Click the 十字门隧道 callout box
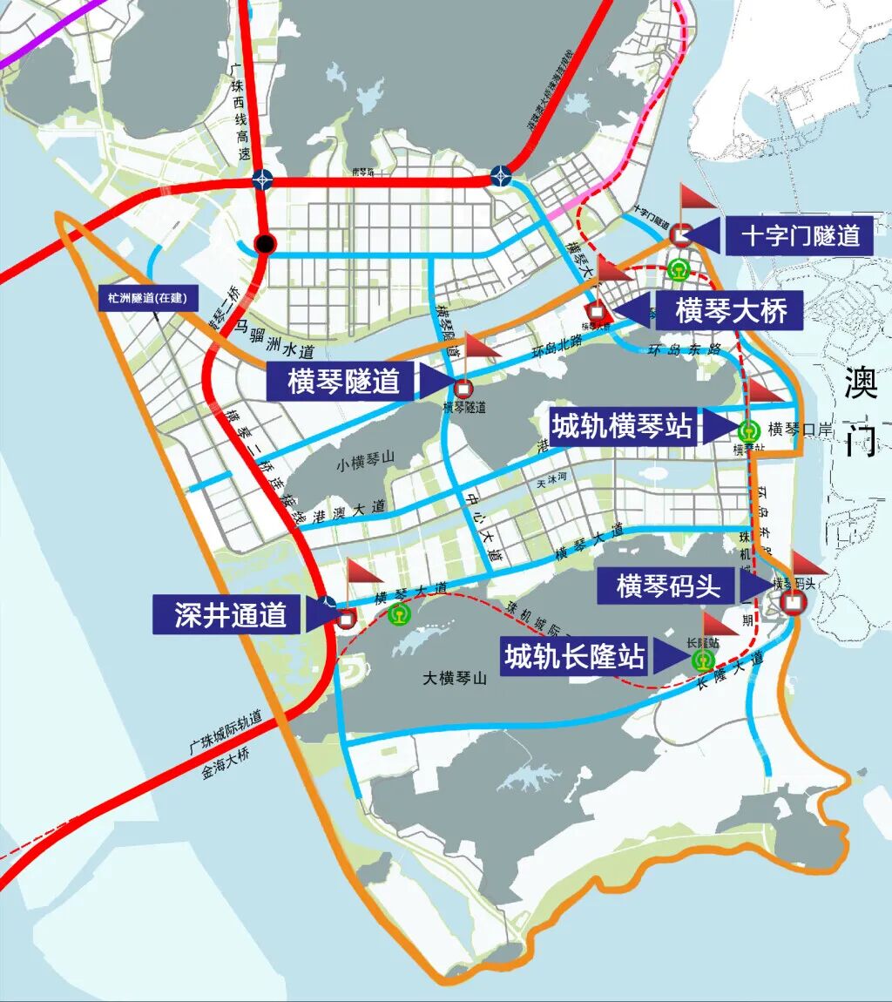[800, 234]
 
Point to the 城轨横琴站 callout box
[622, 426]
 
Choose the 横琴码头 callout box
[668, 586]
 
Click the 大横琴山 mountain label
[454, 678]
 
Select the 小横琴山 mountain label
[366, 464]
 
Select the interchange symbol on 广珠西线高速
[262, 179]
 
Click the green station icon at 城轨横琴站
[748, 430]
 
